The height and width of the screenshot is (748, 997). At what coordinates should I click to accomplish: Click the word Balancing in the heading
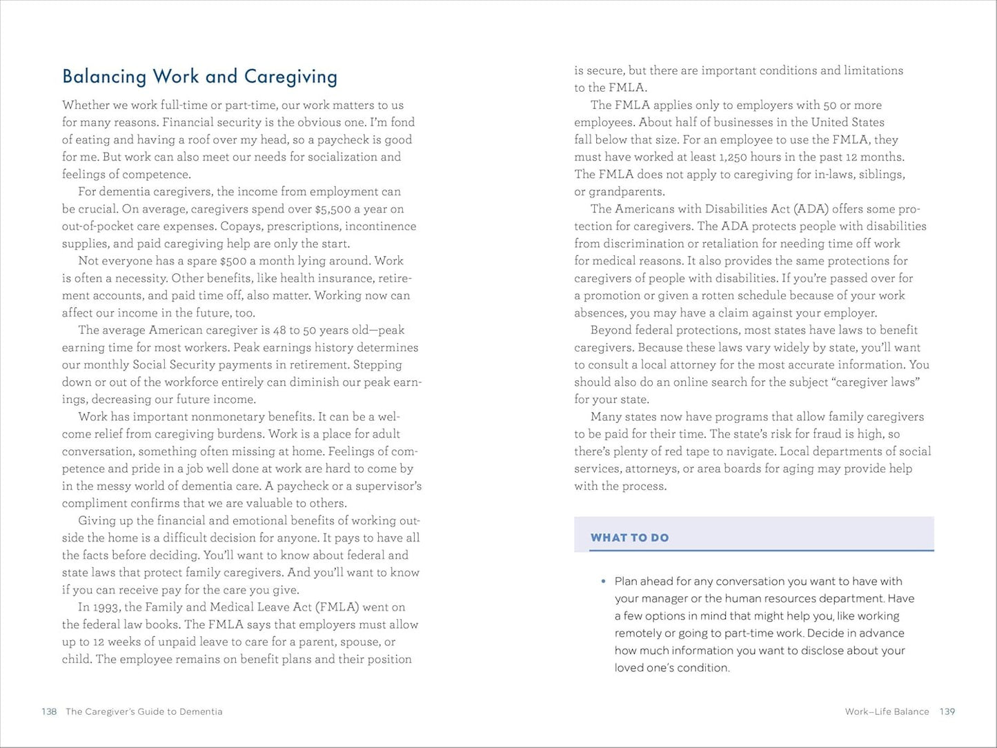click(x=104, y=77)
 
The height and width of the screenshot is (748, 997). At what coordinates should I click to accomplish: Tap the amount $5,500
click(x=333, y=209)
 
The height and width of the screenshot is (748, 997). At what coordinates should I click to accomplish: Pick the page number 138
click(x=49, y=711)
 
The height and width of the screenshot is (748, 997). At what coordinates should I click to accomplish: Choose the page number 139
click(x=947, y=711)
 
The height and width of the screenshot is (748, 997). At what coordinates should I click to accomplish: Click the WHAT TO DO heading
click(x=629, y=538)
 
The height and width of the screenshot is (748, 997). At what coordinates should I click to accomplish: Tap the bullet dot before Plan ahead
click(x=603, y=582)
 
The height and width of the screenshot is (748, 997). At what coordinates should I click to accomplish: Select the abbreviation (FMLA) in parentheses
click(x=337, y=607)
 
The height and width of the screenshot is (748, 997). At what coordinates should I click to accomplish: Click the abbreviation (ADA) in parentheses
click(x=811, y=209)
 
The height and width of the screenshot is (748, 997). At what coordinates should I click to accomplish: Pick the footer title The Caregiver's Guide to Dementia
click(x=144, y=711)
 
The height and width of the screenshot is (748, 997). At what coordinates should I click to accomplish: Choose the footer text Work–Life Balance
click(x=887, y=711)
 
